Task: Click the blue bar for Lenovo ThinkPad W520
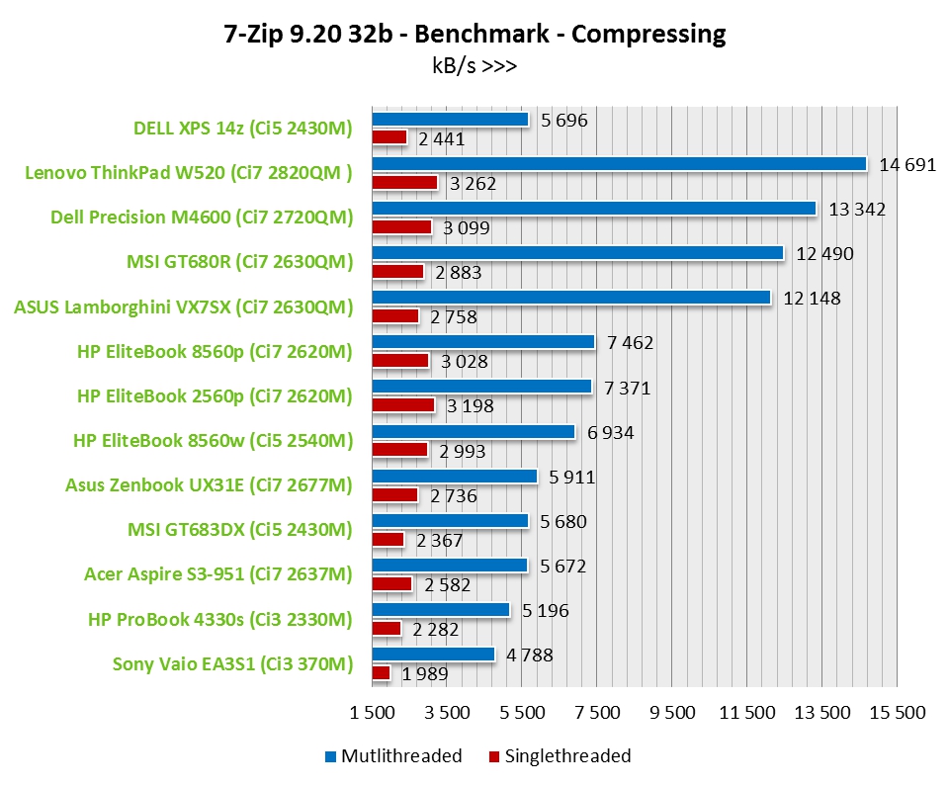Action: click(619, 164)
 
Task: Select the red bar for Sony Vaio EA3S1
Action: click(382, 673)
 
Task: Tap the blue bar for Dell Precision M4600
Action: click(593, 209)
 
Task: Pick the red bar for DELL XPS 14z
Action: click(389, 137)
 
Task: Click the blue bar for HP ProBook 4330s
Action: click(441, 610)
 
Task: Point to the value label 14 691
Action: click(907, 164)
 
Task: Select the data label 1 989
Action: click(425, 675)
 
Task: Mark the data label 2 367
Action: click(440, 541)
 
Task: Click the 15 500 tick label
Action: click(898, 713)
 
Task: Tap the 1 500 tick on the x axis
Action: click(372, 713)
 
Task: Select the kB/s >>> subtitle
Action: click(474, 66)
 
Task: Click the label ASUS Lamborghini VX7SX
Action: click(183, 307)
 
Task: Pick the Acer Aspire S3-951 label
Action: click(217, 574)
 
